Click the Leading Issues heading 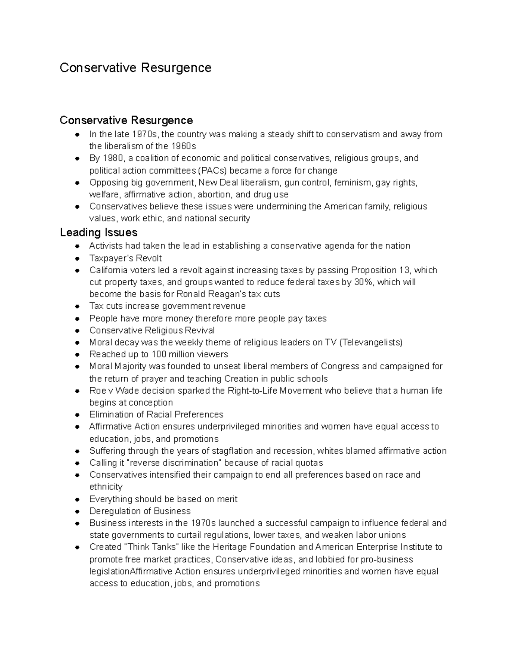coord(98,232)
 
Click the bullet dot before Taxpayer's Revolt coord(77,258)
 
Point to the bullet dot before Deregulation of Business coord(77,511)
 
